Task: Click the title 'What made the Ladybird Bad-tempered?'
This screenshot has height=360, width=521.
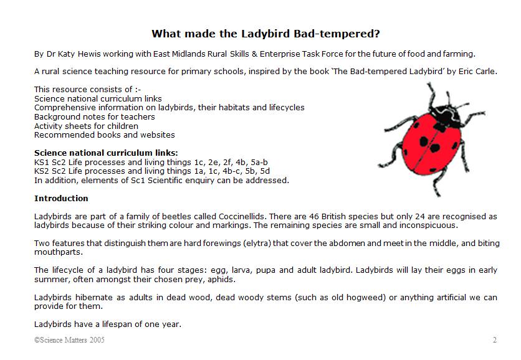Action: click(265, 33)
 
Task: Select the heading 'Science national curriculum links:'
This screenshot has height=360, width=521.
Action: click(106, 153)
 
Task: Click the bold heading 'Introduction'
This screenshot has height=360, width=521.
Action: click(61, 198)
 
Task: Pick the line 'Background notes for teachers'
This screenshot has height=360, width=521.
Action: click(94, 116)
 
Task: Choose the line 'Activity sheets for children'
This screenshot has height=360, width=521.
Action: click(86, 126)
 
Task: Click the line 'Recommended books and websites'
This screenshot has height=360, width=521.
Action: click(104, 135)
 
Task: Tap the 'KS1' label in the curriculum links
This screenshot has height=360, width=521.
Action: click(42, 162)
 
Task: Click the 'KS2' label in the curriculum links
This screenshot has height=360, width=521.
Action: click(42, 171)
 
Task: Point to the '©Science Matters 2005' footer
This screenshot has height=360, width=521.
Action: click(70, 340)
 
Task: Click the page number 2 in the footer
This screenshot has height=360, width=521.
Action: click(494, 340)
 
